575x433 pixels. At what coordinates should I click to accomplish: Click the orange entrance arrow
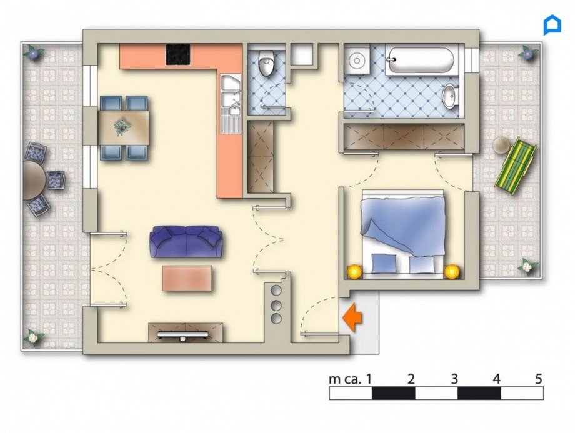coord(353,317)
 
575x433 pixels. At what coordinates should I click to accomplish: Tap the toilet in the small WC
coord(267,64)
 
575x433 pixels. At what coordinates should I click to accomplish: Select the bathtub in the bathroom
coord(420,61)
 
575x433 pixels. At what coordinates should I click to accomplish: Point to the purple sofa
coord(186,241)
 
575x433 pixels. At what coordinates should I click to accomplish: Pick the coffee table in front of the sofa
coord(187,278)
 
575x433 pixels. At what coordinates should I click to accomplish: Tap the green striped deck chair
coord(516,166)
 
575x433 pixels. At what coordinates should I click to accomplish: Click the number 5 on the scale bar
coord(539,379)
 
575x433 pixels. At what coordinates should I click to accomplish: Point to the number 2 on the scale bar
coord(411,379)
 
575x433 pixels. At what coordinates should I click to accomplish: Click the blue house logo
coord(552,25)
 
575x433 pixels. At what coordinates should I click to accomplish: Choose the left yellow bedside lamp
coord(355,271)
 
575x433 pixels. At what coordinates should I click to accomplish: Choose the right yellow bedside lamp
coord(451,271)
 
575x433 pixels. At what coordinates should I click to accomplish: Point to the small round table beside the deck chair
coord(501,146)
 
